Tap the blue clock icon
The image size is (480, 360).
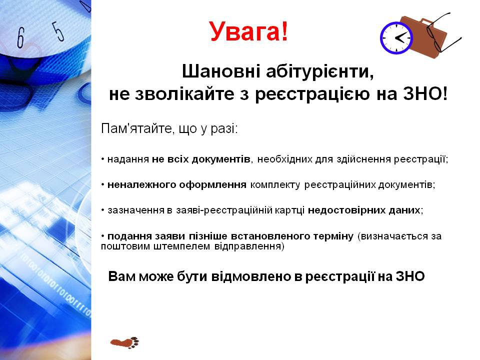pyautogui.click(x=396, y=38)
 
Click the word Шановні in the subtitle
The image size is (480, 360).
pyautogui.click(x=221, y=71)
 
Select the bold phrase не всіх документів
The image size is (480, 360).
pyautogui.click(x=201, y=159)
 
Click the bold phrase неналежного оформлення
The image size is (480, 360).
pyautogui.click(x=177, y=185)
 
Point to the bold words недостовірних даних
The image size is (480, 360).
pyautogui.click(x=364, y=210)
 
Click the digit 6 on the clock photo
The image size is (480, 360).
pyautogui.click(x=20, y=37)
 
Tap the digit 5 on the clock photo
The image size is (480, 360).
pyautogui.click(x=59, y=30)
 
